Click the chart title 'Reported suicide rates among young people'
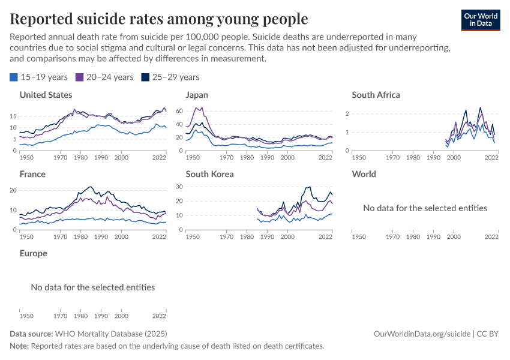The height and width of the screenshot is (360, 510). click(159, 19)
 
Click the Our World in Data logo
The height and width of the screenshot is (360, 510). click(481, 20)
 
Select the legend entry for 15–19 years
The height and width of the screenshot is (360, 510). click(40, 77)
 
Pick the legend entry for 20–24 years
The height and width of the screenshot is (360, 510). click(104, 77)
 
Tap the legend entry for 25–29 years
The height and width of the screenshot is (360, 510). click(170, 77)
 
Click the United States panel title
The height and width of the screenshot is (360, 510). click(46, 95)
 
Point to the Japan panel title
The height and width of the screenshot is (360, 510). click(197, 95)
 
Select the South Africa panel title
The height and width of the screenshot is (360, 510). click(376, 95)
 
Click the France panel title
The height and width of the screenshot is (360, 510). click(32, 174)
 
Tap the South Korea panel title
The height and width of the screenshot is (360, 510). click(209, 174)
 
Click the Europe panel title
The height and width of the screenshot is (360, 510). click(33, 253)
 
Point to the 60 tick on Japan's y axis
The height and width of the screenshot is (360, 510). click(178, 111)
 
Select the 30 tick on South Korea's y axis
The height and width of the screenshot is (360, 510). click(178, 187)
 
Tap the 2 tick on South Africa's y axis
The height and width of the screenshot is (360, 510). click(346, 113)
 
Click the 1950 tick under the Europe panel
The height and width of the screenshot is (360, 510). click(26, 316)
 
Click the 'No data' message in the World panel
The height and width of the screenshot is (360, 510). click(425, 208)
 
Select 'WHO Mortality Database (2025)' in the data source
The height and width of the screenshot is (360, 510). click(110, 334)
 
